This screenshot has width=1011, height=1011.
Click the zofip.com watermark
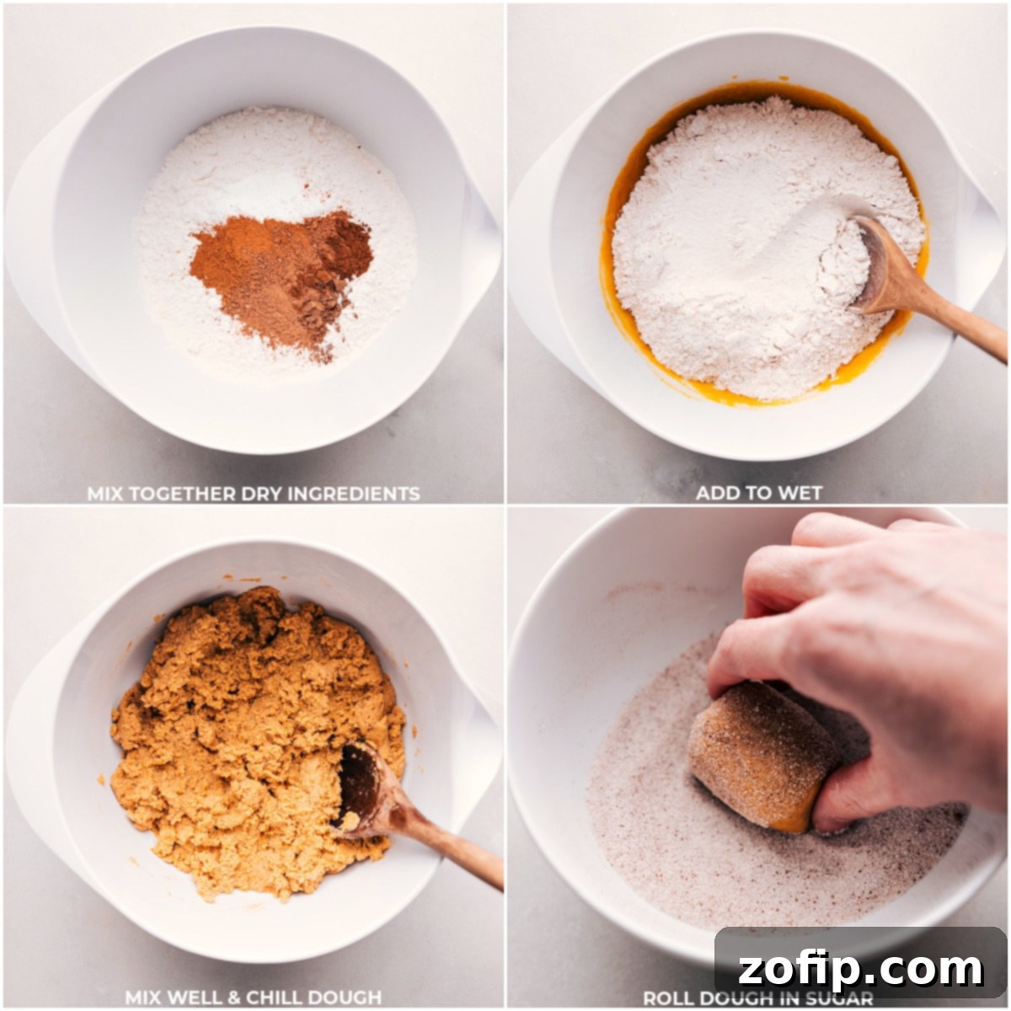pyautogui.click(x=860, y=969)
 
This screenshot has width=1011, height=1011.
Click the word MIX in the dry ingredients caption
pyautogui.click(x=106, y=494)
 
